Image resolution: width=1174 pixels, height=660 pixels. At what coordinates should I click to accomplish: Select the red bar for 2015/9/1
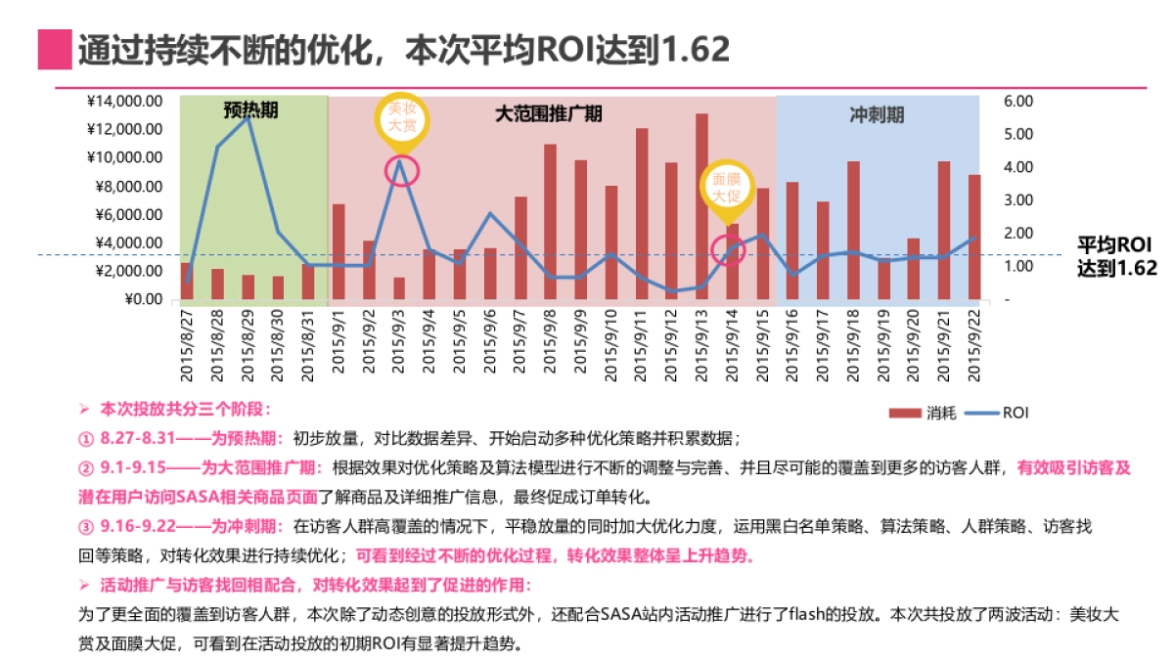click(339, 251)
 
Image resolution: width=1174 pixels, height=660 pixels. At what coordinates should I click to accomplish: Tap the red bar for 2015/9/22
click(974, 237)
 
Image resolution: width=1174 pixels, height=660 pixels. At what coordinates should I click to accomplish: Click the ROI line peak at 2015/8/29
click(248, 117)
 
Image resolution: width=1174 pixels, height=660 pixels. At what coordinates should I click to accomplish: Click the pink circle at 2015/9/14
click(728, 249)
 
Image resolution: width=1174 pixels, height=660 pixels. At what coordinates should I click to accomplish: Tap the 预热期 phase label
click(251, 110)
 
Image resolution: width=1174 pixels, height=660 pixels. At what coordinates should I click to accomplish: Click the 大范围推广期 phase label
click(548, 113)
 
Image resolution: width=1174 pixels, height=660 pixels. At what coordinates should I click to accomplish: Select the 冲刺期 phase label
click(877, 114)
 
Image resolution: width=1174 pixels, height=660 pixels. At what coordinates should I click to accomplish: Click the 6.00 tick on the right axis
click(1017, 101)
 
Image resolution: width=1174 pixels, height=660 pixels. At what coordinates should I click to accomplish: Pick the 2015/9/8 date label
click(551, 345)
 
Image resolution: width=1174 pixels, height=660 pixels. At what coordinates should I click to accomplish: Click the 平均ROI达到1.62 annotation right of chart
click(1116, 256)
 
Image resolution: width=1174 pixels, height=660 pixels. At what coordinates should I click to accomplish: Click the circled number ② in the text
click(85, 467)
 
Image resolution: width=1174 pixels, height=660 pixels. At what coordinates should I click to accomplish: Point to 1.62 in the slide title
click(695, 49)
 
